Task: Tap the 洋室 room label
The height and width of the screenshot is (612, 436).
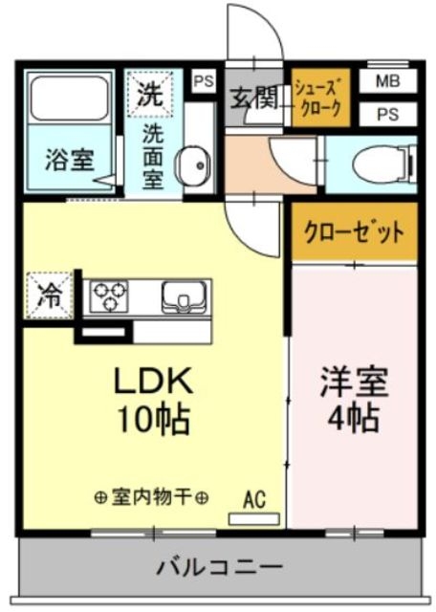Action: coord(354,383)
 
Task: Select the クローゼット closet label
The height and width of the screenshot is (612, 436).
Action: coord(355,232)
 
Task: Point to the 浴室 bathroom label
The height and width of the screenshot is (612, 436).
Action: coord(70,160)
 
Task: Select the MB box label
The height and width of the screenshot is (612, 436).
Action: coord(387,81)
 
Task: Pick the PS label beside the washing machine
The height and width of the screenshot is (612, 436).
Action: coord(204,81)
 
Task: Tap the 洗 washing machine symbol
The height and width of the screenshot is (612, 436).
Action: coord(148,94)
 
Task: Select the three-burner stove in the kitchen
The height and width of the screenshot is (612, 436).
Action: coord(111,296)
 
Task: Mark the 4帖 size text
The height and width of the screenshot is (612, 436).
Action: coord(354,418)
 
